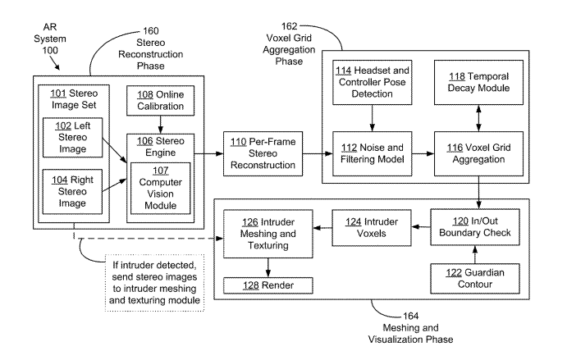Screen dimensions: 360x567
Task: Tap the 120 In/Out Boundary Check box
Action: click(x=471, y=226)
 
